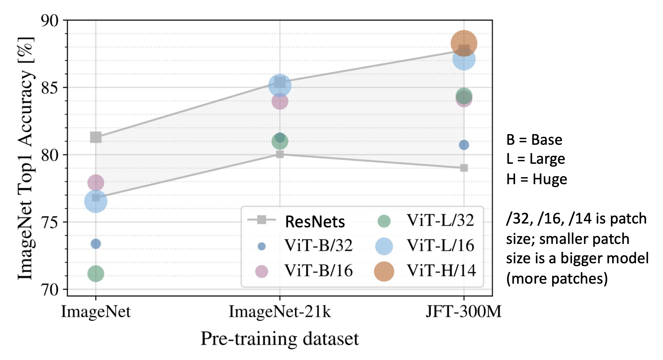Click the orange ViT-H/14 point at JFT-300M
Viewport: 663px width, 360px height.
464,43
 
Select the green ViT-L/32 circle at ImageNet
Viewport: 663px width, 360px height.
96,274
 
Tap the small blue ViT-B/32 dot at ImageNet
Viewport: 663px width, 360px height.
96,244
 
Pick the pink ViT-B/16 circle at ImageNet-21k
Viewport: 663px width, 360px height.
280,101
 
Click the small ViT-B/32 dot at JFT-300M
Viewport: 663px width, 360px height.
464,145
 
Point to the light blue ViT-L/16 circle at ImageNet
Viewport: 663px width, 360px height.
96,201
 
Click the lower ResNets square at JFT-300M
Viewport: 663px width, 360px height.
464,168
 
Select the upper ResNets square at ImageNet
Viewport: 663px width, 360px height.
96,137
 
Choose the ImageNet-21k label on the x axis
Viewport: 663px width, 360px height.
280,312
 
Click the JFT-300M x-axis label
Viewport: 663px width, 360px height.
464,312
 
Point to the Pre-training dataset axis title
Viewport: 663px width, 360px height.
280,339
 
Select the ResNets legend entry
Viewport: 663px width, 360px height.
315,221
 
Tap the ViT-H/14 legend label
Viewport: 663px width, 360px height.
441,271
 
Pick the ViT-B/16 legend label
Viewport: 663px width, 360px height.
318,271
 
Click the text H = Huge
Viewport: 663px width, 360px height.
536,179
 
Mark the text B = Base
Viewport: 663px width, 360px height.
534,140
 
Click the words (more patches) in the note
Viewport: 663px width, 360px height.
557,278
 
